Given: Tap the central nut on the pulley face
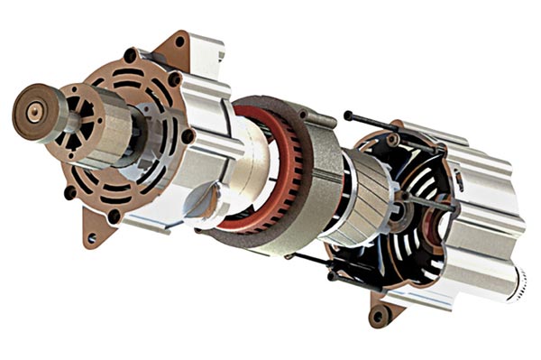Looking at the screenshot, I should click(33, 113).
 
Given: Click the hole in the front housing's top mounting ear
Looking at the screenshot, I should click(179, 42).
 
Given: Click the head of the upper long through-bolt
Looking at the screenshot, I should click(348, 115).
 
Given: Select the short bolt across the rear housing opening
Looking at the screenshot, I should click(433, 203).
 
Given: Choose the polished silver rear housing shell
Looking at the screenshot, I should click(478, 226).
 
